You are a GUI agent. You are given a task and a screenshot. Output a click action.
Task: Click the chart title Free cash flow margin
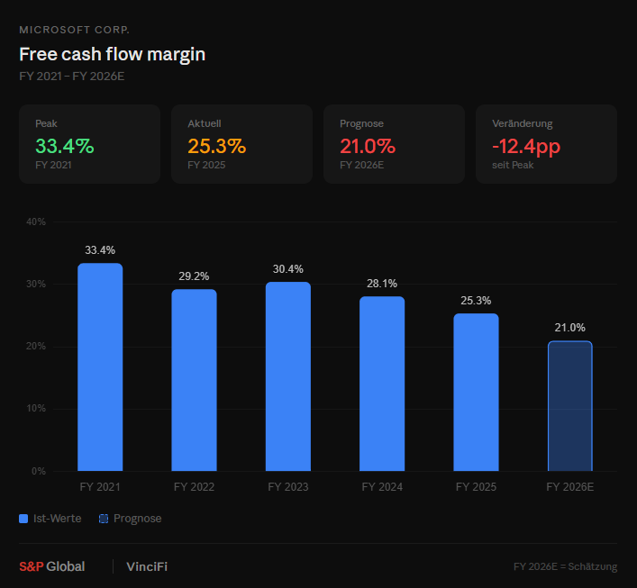pos(112,54)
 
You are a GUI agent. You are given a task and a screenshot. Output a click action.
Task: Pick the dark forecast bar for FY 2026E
pos(569,406)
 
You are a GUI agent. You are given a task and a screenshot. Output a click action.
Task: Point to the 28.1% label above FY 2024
pos(382,284)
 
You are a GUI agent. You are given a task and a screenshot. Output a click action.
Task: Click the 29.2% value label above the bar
pos(194,276)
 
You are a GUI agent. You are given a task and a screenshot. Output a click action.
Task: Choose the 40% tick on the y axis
pos(36,222)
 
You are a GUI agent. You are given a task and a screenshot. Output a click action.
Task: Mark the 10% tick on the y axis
pos(36,409)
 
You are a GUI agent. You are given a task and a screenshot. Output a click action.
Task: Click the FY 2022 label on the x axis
pos(194,487)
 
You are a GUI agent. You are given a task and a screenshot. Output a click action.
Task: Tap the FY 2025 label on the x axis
pos(476,487)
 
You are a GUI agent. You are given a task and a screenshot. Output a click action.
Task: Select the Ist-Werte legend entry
pos(51,519)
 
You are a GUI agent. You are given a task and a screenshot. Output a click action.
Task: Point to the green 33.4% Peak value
pos(64,146)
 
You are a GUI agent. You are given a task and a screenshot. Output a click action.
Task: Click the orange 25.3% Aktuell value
pos(216,146)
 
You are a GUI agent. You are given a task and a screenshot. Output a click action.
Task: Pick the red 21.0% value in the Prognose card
pos(368,146)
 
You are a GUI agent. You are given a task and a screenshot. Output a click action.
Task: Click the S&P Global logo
pos(52,566)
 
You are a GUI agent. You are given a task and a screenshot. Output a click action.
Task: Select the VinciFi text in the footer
pos(146,566)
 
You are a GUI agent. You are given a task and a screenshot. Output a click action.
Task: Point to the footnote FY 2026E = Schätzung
pos(565,567)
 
